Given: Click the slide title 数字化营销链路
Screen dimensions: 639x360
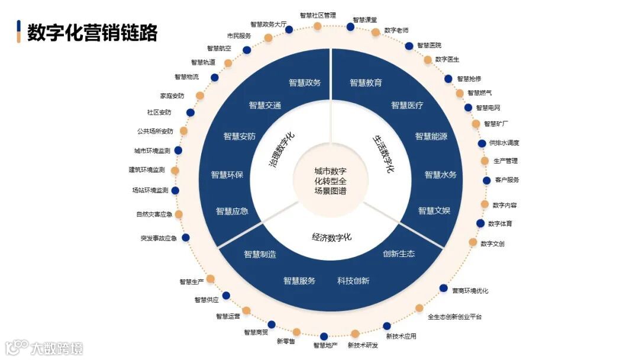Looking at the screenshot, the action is click(92, 33).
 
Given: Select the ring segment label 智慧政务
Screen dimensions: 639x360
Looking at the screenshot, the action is click(305, 83).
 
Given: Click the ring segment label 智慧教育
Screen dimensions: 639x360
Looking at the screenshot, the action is click(366, 83).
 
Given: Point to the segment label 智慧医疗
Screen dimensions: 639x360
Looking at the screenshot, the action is click(407, 105).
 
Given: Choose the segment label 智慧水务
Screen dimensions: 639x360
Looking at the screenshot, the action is click(440, 175).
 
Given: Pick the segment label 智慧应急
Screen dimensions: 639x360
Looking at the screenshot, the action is click(232, 211).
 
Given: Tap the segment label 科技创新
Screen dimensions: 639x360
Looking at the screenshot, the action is click(353, 281).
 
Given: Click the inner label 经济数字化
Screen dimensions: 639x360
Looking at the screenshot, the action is click(331, 237).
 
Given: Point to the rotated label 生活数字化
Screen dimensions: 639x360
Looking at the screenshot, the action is click(383, 153).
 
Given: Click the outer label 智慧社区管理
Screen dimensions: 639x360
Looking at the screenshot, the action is click(318, 15).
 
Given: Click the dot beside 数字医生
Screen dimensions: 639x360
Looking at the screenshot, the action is click(428, 60).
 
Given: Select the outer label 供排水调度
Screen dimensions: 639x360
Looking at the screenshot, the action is click(504, 143).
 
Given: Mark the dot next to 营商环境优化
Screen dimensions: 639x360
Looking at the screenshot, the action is click(443, 288).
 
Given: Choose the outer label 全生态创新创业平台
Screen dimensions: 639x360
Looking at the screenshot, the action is click(454, 317).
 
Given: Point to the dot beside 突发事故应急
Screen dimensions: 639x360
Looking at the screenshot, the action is click(186, 238).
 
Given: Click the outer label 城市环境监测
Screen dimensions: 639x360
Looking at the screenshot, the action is click(153, 151).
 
